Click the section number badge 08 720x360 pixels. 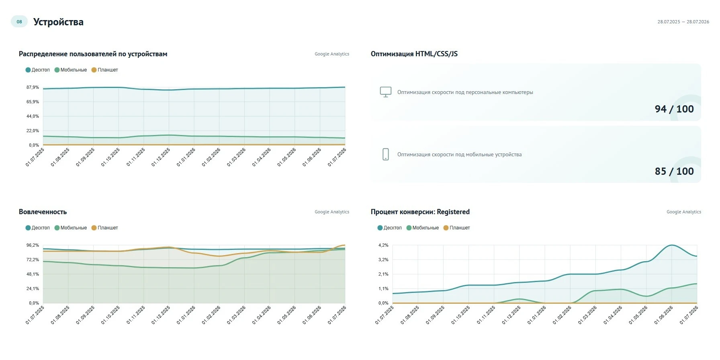coord(19,22)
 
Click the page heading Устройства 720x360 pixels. coord(58,22)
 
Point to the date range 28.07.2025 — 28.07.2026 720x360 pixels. coord(683,22)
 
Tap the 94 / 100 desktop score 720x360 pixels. coord(674,109)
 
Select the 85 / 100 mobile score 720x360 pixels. coord(674,171)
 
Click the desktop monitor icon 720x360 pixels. coord(386,92)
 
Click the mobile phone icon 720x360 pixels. coord(386,154)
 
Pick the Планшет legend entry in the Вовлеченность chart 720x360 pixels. coord(105,228)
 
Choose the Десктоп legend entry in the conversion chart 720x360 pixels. coord(390,228)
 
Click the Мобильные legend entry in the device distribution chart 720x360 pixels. coord(71,70)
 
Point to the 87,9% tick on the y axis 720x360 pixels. coord(33,87)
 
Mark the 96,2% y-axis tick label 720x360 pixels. coord(33,245)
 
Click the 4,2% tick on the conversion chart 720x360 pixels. coord(383,245)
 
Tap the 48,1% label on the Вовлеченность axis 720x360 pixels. coord(33,274)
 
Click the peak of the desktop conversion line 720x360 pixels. coord(672,245)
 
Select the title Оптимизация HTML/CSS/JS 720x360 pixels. coord(414,54)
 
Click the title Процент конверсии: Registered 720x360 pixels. coord(420,212)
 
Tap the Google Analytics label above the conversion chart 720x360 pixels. coord(684,212)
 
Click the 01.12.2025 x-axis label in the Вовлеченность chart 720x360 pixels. coord(161,315)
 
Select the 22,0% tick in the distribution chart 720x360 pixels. coord(33,131)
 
